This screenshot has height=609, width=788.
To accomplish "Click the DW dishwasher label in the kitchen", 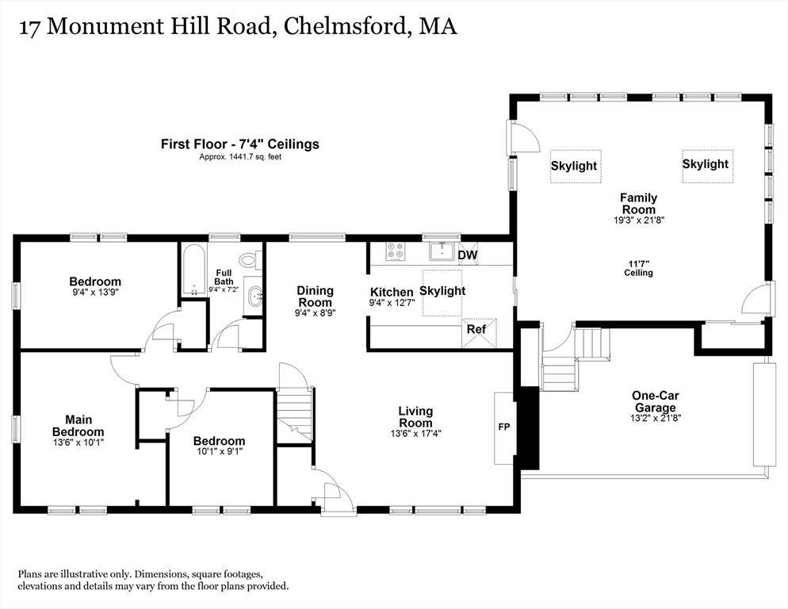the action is coord(468,255).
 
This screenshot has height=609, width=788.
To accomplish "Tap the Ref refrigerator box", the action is coord(479,333).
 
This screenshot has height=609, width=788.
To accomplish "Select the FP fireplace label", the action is coord(504,427).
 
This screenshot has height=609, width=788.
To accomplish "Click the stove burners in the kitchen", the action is coord(395,251).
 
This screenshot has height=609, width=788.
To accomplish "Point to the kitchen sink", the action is coord(442,251).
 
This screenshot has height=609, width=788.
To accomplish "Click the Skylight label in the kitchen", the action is coord(442,291).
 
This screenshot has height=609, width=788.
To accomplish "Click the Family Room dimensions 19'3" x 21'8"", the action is coord(639,220).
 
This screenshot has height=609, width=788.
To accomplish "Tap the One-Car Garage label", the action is coord(656,401).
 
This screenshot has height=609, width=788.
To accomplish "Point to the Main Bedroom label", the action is coord(78,426).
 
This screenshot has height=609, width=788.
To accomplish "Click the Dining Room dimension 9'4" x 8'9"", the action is coord(315,312).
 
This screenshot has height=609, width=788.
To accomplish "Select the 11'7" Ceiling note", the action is coord(639,268).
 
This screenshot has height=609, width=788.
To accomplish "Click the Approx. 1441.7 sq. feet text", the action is coord(240,157).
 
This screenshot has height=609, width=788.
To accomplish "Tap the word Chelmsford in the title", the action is coord(344,27).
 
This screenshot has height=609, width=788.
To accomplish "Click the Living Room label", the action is coord(415,417).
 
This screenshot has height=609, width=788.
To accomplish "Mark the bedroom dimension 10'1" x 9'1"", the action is coord(220,451).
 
